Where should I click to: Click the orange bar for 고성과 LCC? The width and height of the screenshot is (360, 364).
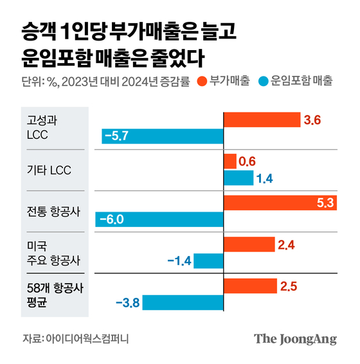click(262, 120)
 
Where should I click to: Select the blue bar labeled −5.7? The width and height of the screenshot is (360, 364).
click(162, 136)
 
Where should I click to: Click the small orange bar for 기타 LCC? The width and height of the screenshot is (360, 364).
click(230, 161)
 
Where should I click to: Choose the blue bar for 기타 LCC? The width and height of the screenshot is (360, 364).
click(238, 178)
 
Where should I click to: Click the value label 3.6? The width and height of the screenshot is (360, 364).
click(312, 120)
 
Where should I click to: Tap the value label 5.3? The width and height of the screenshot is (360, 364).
click(325, 203)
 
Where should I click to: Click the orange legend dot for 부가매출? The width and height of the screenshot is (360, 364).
click(202, 82)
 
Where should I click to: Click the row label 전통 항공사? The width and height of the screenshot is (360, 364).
click(53, 212)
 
